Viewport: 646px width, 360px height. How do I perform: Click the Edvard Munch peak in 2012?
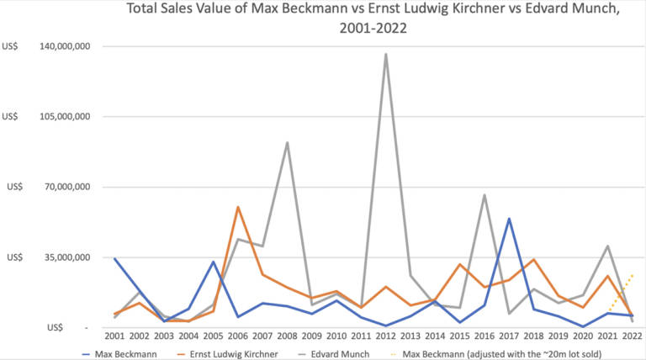[385, 54]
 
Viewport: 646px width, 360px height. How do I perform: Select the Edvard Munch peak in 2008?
[287, 142]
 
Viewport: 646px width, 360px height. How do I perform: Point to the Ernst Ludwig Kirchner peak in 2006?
[238, 207]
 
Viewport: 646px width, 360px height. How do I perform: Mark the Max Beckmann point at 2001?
[115, 258]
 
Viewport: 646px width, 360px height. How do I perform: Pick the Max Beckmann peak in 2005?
[214, 262]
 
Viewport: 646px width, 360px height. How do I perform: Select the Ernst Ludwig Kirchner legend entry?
[241, 353]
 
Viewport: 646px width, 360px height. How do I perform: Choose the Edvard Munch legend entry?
[357, 353]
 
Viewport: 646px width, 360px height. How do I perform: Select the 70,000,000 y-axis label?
[61, 187]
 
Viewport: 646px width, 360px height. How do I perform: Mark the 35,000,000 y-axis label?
[61, 257]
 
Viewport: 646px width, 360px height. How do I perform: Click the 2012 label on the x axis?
[385, 336]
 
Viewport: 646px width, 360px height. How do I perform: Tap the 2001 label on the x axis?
[115, 336]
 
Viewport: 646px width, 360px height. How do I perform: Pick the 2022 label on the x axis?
[631, 336]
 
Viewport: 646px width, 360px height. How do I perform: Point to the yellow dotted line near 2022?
[621, 292]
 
